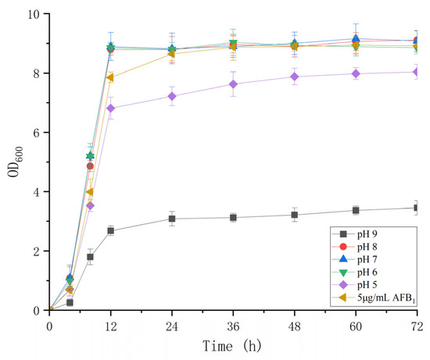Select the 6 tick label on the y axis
(x=39, y=133)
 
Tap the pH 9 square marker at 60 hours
(x=356, y=210)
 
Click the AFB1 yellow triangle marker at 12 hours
(x=110, y=77)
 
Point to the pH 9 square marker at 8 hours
(x=90, y=257)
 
